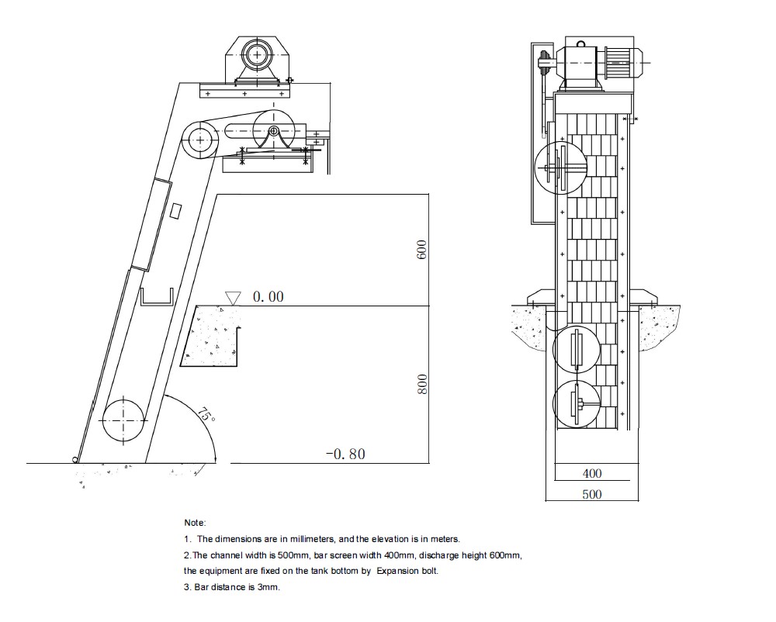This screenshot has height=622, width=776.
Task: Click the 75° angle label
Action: click(x=206, y=414)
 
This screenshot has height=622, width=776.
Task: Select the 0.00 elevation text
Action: click(x=268, y=297)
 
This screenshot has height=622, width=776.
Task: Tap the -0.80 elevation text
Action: click(x=345, y=454)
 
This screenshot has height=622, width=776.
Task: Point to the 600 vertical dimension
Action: click(x=421, y=250)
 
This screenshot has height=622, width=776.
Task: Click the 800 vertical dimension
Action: click(x=421, y=384)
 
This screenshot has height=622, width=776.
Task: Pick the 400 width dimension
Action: click(x=592, y=474)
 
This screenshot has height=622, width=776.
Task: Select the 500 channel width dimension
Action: click(x=592, y=494)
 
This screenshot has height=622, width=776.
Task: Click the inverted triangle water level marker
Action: click(x=233, y=298)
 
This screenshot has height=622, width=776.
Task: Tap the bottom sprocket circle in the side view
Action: click(x=123, y=420)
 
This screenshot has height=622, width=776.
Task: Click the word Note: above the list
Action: click(x=195, y=523)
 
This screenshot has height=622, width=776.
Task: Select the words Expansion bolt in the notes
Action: click(x=407, y=571)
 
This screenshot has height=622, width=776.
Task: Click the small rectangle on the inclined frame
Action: click(x=175, y=211)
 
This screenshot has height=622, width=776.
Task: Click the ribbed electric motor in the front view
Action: click(x=622, y=63)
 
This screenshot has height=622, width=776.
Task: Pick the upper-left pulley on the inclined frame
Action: click(x=200, y=140)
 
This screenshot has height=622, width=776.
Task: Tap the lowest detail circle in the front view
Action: click(x=576, y=404)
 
